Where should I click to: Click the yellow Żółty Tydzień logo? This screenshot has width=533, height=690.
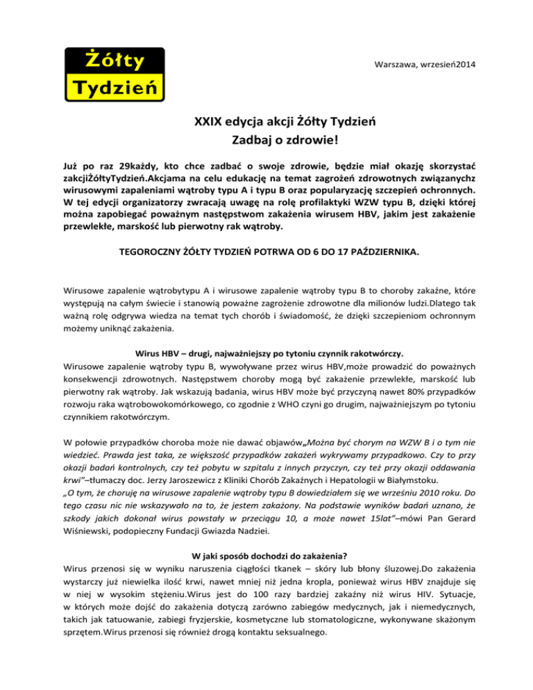click(x=115, y=74)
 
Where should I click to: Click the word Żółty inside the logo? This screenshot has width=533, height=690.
click(x=114, y=60)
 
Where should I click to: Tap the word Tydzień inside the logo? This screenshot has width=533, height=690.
click(x=115, y=88)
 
